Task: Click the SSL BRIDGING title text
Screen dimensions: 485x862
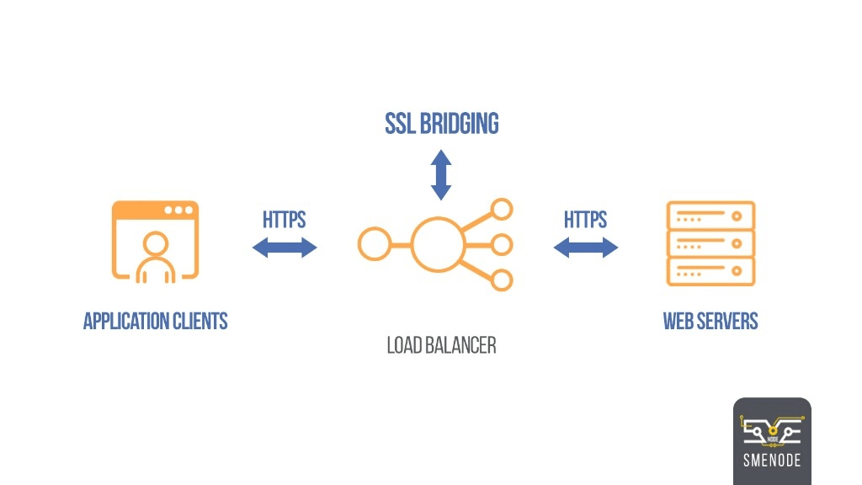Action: click(442, 124)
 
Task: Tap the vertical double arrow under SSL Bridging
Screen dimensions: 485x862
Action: click(441, 175)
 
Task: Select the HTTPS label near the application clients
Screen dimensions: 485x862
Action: click(284, 220)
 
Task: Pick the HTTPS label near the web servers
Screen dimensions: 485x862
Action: click(585, 220)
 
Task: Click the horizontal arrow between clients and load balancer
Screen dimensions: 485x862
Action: click(285, 248)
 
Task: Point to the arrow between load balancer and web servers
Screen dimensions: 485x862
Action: click(586, 248)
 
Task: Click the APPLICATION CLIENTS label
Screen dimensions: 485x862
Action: click(156, 321)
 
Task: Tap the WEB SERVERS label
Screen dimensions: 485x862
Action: click(710, 321)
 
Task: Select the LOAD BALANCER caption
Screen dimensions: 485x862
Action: click(441, 345)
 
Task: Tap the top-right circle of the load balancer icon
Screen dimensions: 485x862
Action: click(503, 210)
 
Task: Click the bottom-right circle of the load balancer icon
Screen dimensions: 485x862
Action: click(503, 280)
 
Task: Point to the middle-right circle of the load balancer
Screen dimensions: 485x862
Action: click(503, 245)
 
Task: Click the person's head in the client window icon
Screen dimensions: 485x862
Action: click(156, 244)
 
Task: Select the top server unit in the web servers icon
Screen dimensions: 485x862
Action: click(710, 216)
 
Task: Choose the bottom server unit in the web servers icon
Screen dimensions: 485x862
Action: click(710, 272)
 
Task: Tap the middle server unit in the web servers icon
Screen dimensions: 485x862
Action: click(710, 244)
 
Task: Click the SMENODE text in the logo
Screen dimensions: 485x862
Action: click(772, 461)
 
